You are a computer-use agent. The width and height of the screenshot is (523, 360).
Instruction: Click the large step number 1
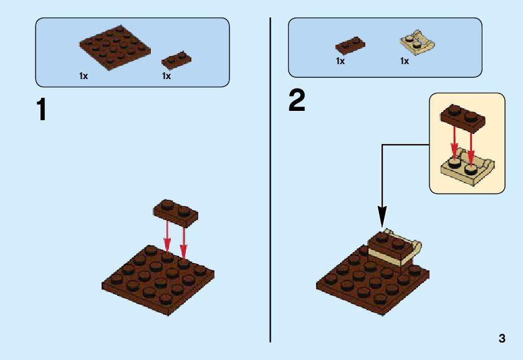click(41, 110)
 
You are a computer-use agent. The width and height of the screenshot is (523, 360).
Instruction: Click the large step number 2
click(297, 100)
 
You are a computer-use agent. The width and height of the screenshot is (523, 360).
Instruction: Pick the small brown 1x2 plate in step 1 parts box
click(176, 60)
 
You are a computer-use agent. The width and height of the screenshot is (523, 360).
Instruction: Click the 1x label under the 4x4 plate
click(83, 76)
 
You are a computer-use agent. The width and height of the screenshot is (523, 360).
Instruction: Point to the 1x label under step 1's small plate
click(166, 76)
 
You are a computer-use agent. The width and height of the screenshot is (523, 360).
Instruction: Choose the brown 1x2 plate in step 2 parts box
click(350, 45)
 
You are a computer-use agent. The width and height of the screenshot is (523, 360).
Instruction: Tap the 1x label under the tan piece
click(405, 62)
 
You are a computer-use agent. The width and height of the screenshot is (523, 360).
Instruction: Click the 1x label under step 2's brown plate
click(340, 62)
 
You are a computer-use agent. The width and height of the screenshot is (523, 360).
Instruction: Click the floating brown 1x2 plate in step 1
click(176, 211)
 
